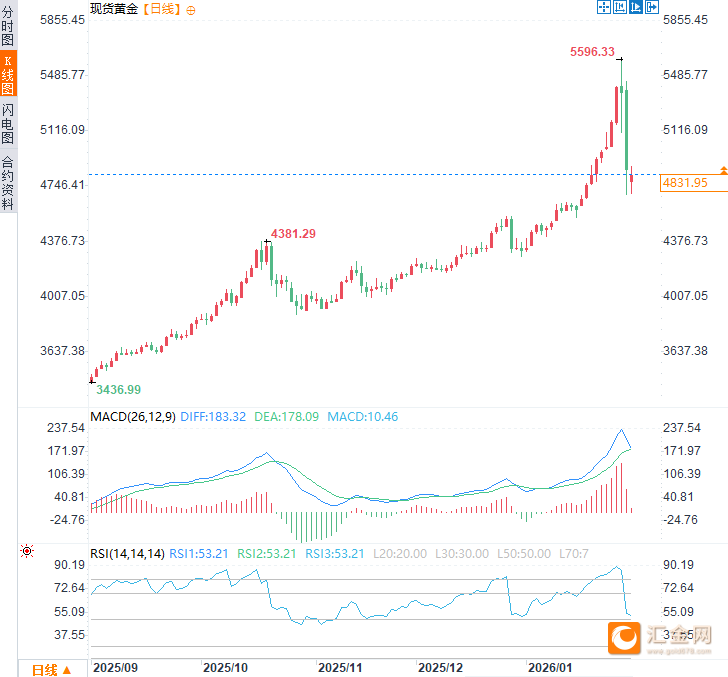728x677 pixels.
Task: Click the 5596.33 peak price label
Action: pos(592,52)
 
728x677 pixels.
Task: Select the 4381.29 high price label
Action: pos(294,234)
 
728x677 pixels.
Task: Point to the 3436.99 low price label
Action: pos(118,390)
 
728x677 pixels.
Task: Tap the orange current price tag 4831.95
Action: pos(685,183)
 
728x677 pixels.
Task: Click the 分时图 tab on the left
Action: pos(8,27)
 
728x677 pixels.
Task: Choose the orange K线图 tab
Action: pos(8,75)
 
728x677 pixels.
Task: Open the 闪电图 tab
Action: pos(8,124)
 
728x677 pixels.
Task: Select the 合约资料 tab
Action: pos(8,182)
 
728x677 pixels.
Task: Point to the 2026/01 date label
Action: pos(552,666)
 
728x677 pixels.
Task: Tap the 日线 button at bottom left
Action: pos(50,669)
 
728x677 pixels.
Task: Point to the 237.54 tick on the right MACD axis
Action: pos(685,427)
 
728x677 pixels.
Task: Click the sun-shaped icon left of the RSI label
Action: pos(26,552)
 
